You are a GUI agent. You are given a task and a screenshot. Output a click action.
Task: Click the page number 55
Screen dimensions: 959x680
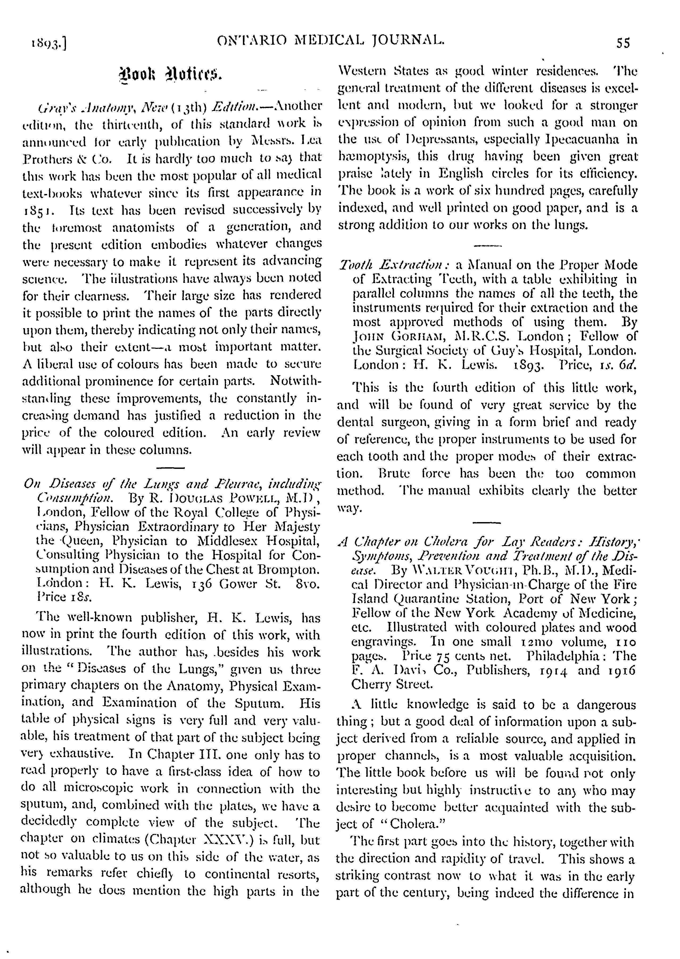click(x=623, y=43)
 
